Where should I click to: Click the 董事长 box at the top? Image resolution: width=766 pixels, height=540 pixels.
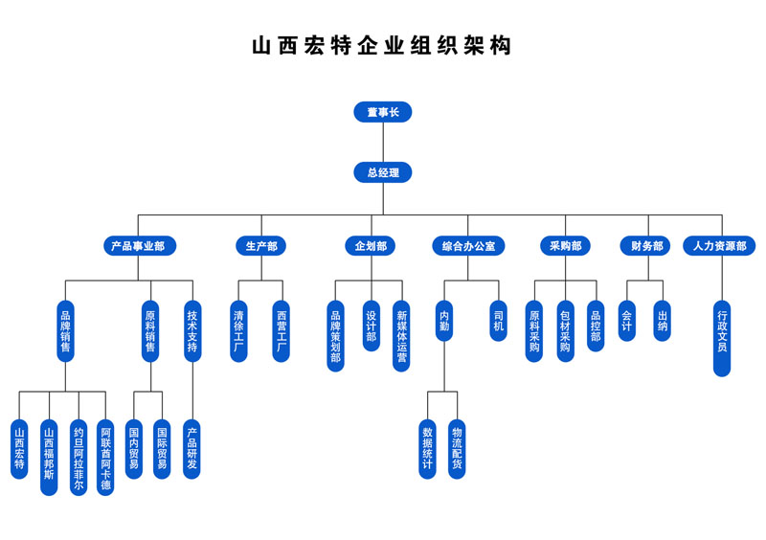[x=382, y=112]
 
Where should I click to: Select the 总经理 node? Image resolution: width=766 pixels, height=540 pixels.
[x=382, y=172]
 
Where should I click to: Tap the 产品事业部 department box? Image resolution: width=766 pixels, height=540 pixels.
[x=139, y=246]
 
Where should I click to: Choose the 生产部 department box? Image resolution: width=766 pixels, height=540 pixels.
[x=260, y=246]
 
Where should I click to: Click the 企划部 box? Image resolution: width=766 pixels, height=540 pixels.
[x=370, y=246]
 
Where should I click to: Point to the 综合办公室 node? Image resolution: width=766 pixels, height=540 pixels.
[x=468, y=246]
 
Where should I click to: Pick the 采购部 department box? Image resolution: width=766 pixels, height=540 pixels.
[x=564, y=246]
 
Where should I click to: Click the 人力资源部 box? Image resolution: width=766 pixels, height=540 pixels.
[x=719, y=246]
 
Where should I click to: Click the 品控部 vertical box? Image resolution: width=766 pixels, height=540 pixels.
[x=596, y=326]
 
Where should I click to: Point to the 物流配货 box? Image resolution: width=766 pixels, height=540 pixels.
[x=457, y=448]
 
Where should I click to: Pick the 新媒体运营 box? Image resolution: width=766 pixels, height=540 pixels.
[x=401, y=336]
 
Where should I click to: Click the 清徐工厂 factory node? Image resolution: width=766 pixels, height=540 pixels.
[x=239, y=331]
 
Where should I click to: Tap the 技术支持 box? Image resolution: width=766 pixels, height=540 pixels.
[x=193, y=331]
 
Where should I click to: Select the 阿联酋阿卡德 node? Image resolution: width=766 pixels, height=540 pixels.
[x=105, y=457]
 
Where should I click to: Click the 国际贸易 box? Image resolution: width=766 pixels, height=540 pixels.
[x=162, y=448]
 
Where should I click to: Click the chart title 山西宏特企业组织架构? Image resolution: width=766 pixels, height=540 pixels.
[x=382, y=47]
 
